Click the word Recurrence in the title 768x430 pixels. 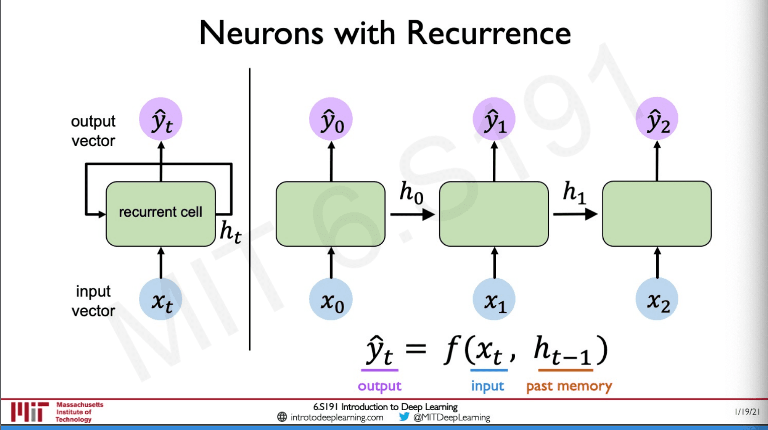[488, 34]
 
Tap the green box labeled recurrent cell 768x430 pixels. [160, 214]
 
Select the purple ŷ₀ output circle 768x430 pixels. [331, 120]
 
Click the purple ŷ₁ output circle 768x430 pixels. [494, 120]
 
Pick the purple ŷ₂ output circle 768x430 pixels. [657, 119]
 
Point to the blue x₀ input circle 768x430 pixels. [331, 300]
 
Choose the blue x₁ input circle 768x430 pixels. [494, 300]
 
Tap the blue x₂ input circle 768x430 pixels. [657, 299]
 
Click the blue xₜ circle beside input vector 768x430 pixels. [160, 300]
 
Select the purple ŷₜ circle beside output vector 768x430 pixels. [160, 119]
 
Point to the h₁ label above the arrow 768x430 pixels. [574, 192]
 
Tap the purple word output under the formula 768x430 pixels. [379, 386]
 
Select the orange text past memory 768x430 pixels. [569, 386]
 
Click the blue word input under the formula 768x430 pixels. [487, 386]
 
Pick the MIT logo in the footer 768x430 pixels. [29, 412]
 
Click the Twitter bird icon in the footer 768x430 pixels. [404, 417]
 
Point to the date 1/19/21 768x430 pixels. [747, 412]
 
